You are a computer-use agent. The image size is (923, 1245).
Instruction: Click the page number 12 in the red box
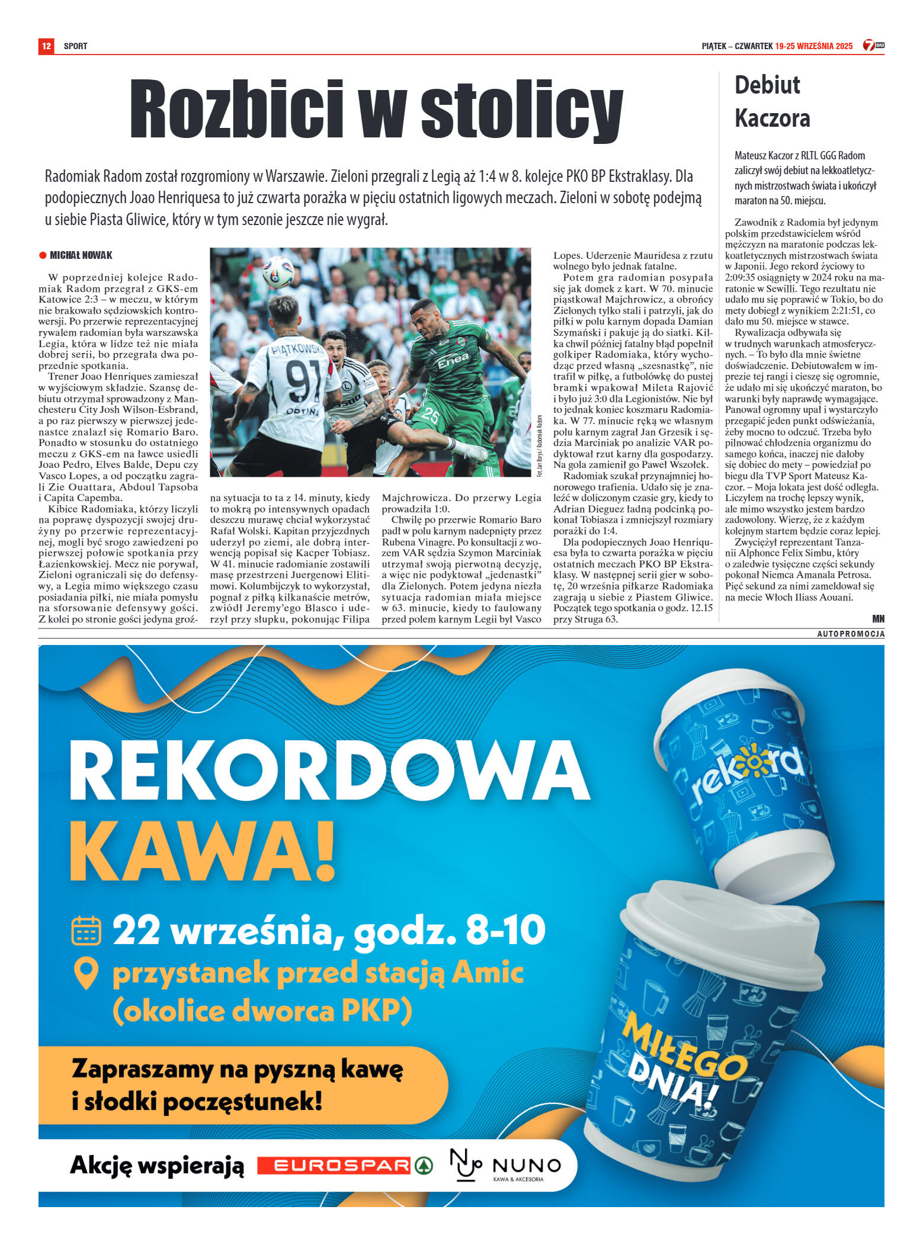point(46,46)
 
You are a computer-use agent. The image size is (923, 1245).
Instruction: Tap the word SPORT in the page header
point(75,46)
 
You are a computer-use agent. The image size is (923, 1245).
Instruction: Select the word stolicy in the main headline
point(521,110)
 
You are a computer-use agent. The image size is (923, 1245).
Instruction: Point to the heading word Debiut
point(767,85)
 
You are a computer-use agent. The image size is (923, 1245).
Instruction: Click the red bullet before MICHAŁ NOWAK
point(43,255)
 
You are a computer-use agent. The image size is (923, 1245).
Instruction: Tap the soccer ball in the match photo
point(278,272)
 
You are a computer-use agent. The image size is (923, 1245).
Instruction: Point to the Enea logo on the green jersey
point(453,359)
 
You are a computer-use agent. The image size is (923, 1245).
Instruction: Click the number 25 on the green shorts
point(430,416)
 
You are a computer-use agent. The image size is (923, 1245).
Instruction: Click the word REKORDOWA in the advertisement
point(329,769)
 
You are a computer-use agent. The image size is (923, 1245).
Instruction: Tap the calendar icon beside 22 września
point(86,930)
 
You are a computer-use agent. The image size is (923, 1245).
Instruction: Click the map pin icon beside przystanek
point(86,974)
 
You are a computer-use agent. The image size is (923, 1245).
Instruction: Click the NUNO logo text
point(526,1166)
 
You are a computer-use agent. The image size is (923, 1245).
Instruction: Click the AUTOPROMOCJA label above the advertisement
point(851,634)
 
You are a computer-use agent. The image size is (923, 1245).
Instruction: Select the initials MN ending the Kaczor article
point(878,618)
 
